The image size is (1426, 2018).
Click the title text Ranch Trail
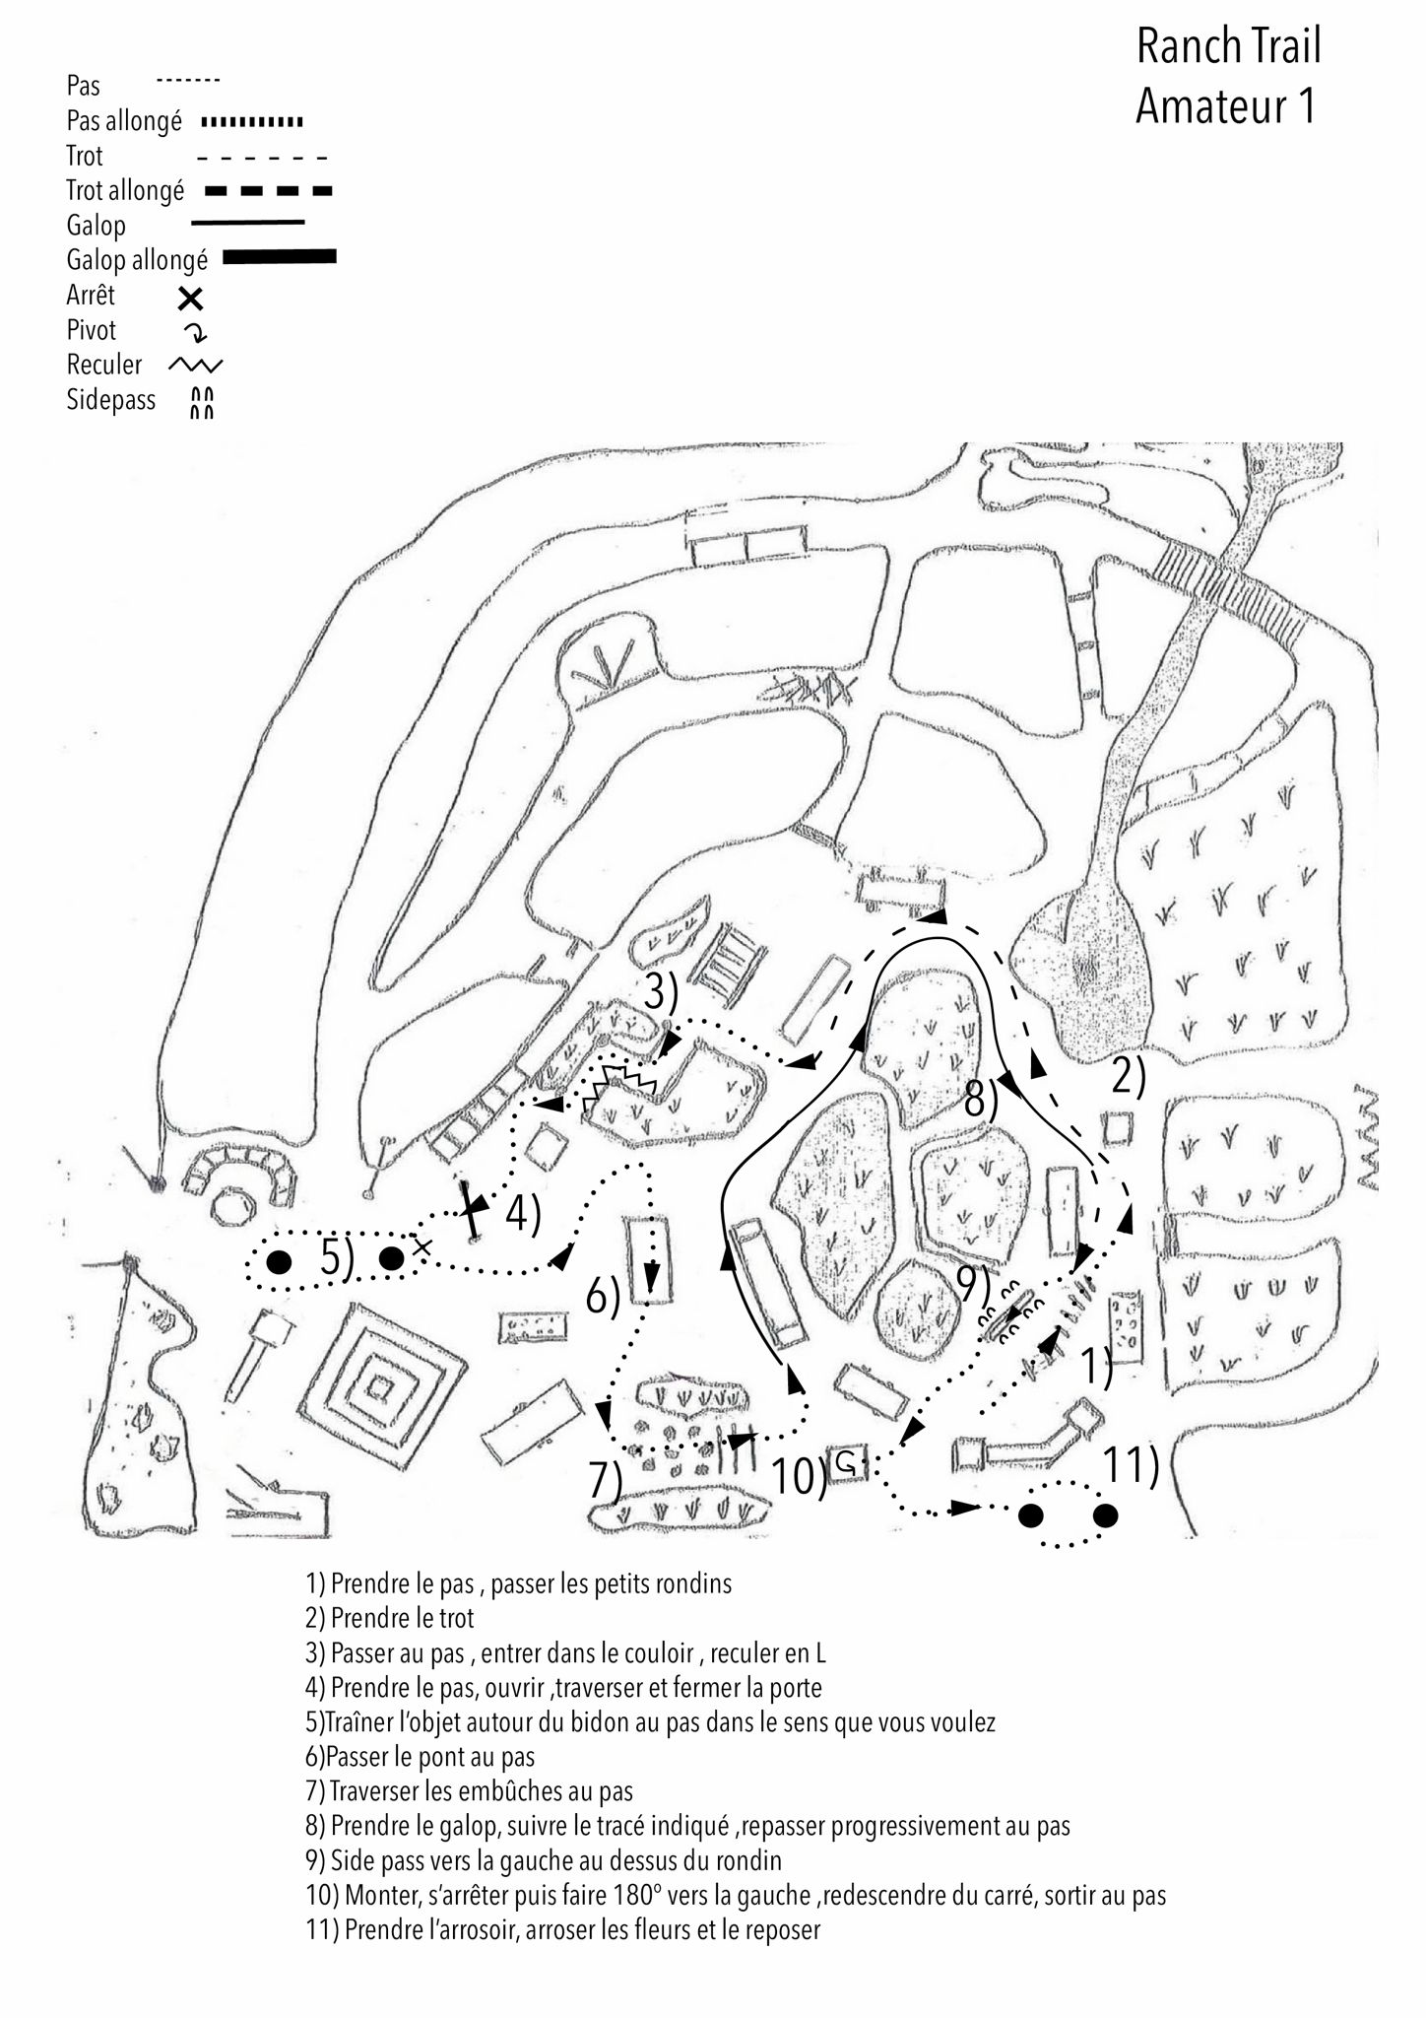coord(1227,46)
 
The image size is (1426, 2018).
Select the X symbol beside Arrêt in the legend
coord(190,297)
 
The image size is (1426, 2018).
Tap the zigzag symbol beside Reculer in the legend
coord(196,366)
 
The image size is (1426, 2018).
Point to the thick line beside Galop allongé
coord(281,257)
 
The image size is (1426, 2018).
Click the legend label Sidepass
coord(110,400)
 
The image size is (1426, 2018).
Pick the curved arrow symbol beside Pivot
coord(196,332)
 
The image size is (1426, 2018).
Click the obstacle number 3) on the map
coord(661,993)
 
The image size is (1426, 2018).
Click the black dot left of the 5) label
coord(280,1261)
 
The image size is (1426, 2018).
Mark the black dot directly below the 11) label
coord(1105,1515)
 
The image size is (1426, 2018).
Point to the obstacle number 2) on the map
coord(1129,1078)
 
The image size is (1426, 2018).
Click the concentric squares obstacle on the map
coord(377,1387)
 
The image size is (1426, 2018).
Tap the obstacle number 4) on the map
coord(523,1215)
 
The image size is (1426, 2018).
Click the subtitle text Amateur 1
coord(1225,106)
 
